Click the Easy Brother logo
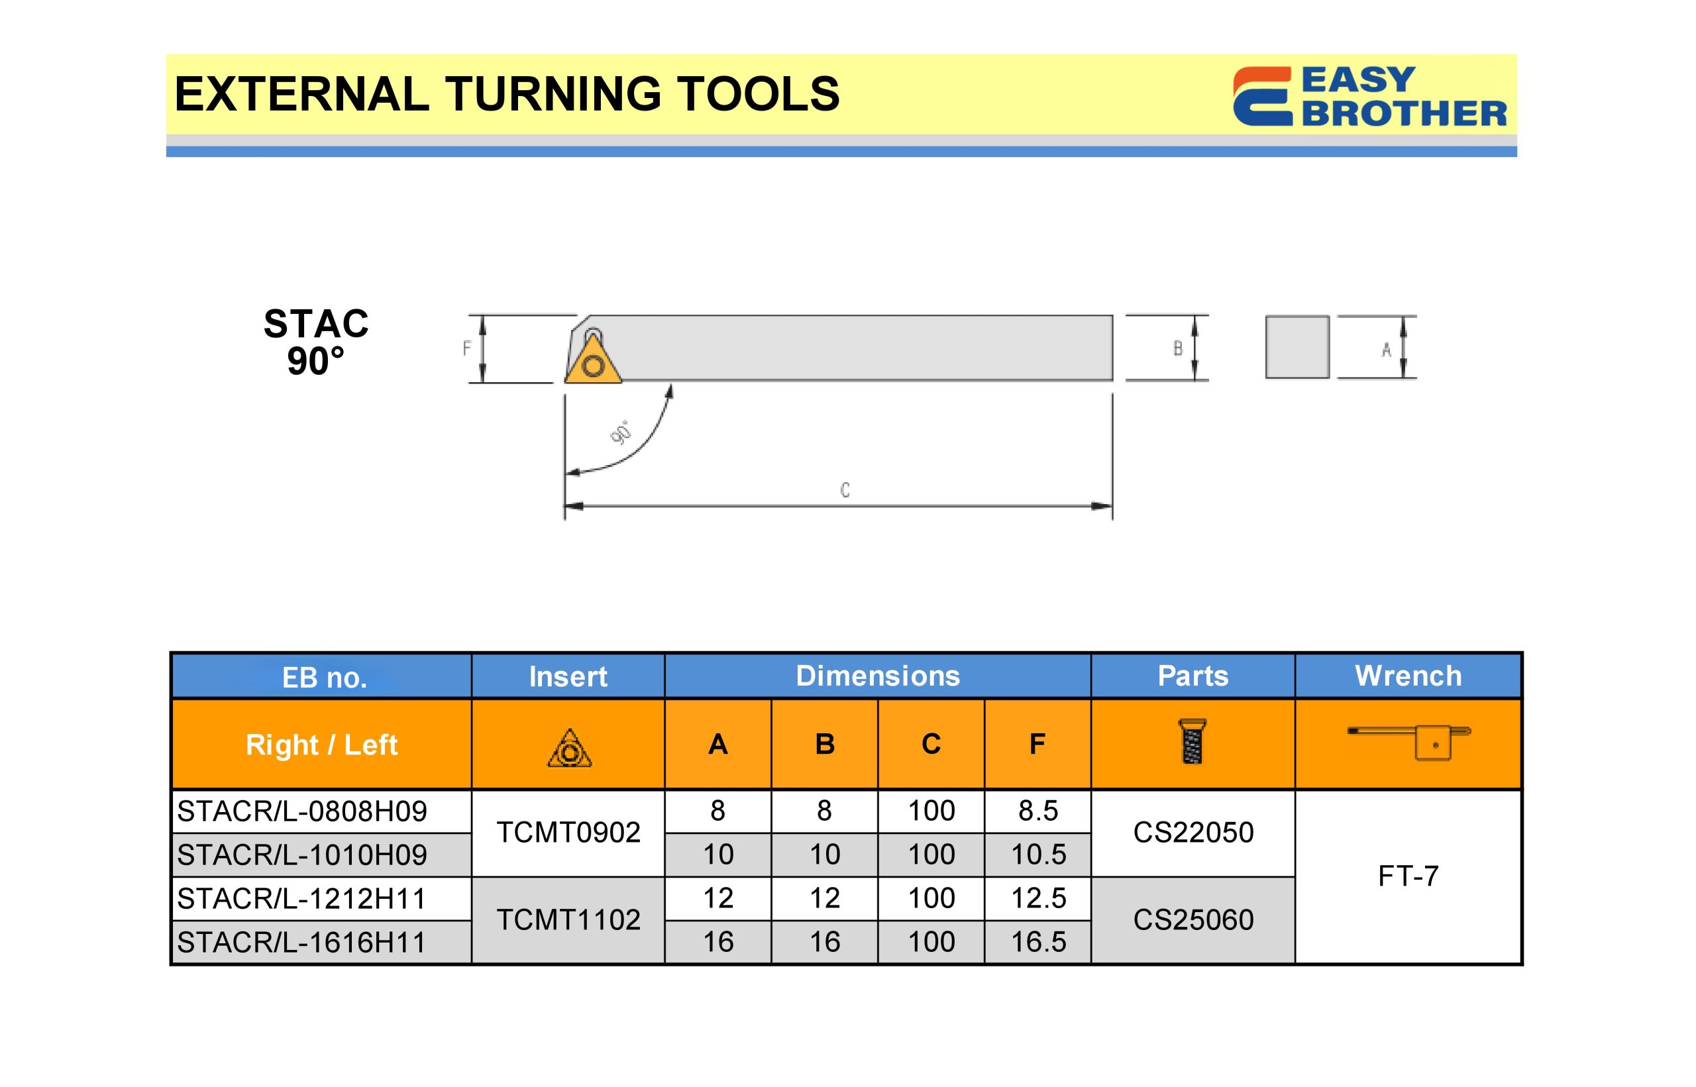click(x=1369, y=96)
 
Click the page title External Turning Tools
click(x=507, y=94)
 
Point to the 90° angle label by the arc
click(x=621, y=432)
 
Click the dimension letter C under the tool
click(x=845, y=490)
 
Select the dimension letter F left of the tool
click(x=466, y=348)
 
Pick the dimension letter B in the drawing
click(x=1178, y=348)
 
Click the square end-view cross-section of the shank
click(x=1297, y=346)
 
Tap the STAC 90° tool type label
click(x=315, y=342)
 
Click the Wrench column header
click(x=1408, y=676)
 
